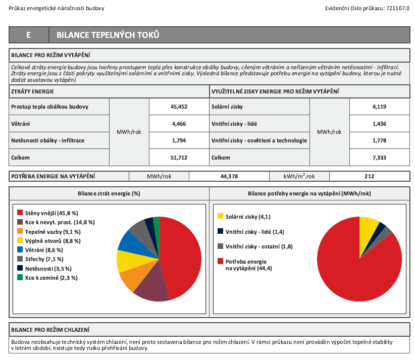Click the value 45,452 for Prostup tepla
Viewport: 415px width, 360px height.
click(x=179, y=107)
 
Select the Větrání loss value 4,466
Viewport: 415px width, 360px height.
click(x=179, y=123)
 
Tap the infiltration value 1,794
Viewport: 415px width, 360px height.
click(x=179, y=140)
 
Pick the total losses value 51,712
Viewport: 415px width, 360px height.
click(x=179, y=158)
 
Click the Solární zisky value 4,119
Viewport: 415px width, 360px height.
click(x=379, y=107)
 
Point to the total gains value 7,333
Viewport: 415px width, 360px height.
click(x=379, y=158)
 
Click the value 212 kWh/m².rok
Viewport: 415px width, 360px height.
click(x=369, y=177)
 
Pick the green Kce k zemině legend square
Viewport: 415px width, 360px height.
click(x=20, y=278)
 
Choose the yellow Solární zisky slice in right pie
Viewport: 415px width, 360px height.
click(x=368, y=227)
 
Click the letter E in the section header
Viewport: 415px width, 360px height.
click(x=29, y=35)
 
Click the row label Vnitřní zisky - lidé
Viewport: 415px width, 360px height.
click(x=237, y=123)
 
